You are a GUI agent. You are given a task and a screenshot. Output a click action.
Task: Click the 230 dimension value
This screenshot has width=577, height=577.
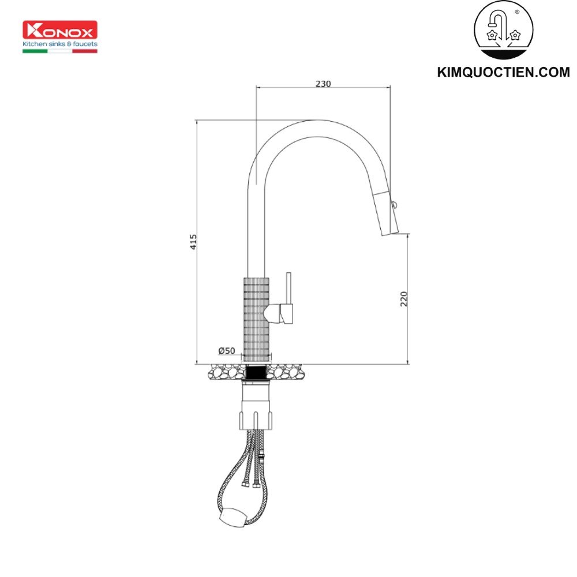(x=323, y=84)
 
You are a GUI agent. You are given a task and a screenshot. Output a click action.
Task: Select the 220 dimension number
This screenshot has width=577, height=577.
(x=404, y=298)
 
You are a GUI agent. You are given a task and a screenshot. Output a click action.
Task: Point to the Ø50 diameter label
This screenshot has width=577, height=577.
(x=226, y=351)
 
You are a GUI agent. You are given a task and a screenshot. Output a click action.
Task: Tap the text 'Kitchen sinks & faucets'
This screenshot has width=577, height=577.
(x=60, y=44)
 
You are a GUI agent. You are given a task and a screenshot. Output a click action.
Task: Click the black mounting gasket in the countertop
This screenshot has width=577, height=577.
(x=256, y=373)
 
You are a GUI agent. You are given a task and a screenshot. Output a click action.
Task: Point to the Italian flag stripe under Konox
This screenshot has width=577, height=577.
(x=60, y=51)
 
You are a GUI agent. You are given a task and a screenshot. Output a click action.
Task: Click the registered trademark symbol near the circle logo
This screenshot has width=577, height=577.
(x=516, y=12)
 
